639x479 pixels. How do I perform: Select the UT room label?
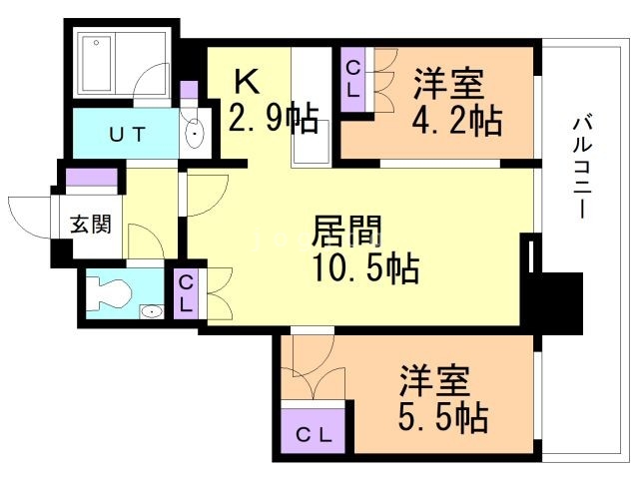click(127, 134)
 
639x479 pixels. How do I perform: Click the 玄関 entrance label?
click(91, 224)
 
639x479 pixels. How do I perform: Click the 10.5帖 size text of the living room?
click(366, 267)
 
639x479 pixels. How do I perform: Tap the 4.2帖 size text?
click(457, 121)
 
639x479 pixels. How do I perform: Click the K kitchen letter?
click(247, 82)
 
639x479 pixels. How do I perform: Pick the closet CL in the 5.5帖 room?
click(314, 435)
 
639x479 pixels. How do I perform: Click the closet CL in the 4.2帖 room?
click(352, 80)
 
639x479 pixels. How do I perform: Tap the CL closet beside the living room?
click(186, 293)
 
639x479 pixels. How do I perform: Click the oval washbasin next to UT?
click(195, 134)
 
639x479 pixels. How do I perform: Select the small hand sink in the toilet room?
click(152, 312)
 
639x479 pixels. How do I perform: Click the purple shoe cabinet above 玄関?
click(92, 177)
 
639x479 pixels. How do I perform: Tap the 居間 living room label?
click(346, 232)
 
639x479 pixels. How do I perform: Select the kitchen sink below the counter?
click(312, 143)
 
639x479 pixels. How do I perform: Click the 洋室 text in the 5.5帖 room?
click(434, 380)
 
